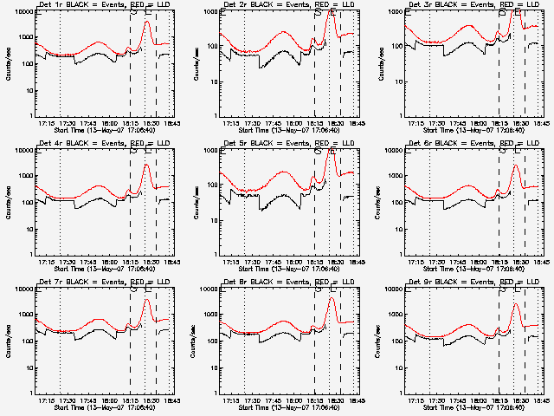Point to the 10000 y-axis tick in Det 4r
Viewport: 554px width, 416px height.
[x=23, y=151]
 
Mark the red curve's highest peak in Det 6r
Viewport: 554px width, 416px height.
[x=515, y=166]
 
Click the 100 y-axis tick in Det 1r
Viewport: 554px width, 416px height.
[x=26, y=64]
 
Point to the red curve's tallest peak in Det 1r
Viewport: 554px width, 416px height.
[x=146, y=21]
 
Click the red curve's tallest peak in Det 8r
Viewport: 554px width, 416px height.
[x=331, y=299]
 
